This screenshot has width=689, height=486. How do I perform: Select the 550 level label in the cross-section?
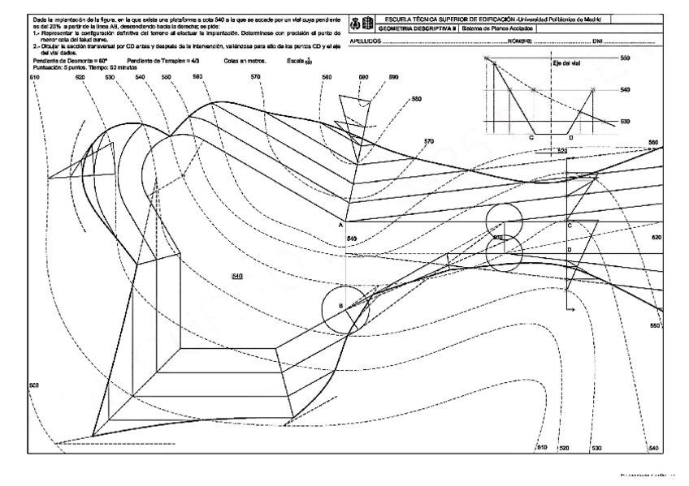pos(625,58)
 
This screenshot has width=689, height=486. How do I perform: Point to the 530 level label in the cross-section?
pos(625,121)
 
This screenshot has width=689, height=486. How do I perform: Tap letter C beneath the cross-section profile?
pos(531,138)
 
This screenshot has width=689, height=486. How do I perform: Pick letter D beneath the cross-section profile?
pos(570,138)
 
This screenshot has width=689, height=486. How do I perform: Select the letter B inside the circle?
pos(341,306)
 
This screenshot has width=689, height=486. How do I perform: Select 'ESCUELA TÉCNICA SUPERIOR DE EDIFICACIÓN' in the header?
pos(441,17)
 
